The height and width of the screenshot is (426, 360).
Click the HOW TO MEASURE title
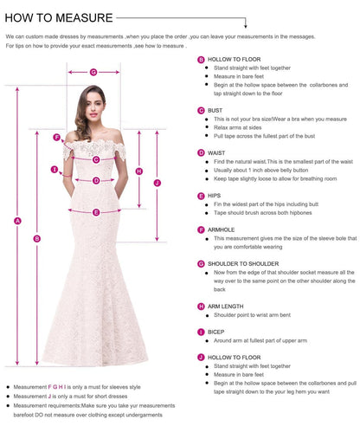(59, 17)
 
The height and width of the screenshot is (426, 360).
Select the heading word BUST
(215, 110)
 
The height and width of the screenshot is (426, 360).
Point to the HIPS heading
(215, 196)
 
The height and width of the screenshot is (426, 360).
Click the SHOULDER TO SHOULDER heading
(243, 262)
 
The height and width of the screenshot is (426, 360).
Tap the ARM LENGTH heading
(227, 306)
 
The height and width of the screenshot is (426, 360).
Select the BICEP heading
(216, 331)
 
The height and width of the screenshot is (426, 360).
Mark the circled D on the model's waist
(97, 181)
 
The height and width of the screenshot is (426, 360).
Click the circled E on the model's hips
(96, 211)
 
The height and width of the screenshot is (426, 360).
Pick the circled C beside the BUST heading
(201, 111)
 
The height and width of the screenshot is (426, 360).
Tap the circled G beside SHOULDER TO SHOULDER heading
(201, 263)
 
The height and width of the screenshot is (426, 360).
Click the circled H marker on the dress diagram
(138, 171)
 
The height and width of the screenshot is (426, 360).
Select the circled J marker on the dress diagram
(157, 183)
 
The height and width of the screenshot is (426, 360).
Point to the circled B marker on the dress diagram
(36, 238)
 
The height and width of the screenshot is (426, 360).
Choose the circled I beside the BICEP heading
(201, 332)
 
